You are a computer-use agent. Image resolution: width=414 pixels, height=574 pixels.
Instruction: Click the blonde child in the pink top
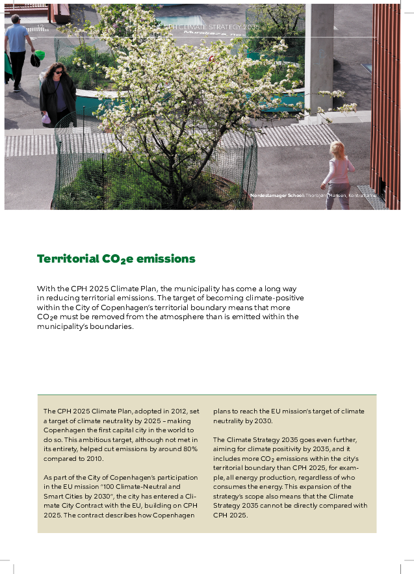pos(338,172)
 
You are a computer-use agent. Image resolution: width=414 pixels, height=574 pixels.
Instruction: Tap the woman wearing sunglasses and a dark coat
pos(57,91)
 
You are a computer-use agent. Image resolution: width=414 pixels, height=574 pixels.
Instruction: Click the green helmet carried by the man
pos(39,56)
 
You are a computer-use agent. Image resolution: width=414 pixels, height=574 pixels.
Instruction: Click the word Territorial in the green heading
pos(68,259)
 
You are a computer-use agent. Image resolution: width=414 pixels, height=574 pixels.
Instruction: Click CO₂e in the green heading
pos(118,259)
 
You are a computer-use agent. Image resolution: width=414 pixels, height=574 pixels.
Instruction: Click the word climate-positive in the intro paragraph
pos(276,297)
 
